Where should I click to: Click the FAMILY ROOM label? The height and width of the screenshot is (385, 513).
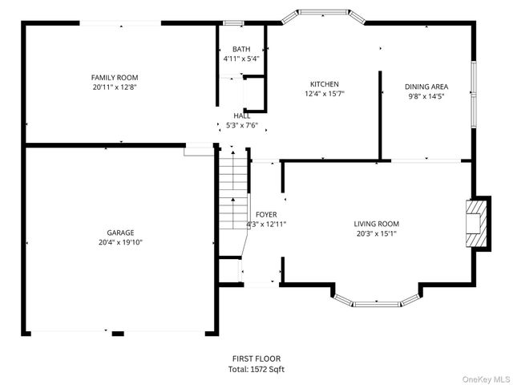pyautogui.click(x=115, y=78)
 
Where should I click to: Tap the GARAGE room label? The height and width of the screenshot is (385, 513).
pyautogui.click(x=120, y=233)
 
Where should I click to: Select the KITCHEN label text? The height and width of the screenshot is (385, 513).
pyautogui.click(x=325, y=84)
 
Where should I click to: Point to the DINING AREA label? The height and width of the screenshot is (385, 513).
pyautogui.click(x=426, y=87)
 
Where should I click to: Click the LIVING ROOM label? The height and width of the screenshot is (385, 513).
pyautogui.click(x=376, y=224)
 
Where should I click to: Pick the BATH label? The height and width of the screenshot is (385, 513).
pyautogui.click(x=241, y=49)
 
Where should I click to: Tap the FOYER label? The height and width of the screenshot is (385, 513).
pyautogui.click(x=266, y=215)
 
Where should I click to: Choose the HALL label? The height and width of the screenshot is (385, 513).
pyautogui.click(x=242, y=115)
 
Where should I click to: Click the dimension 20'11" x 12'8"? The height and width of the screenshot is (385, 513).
pyautogui.click(x=115, y=87)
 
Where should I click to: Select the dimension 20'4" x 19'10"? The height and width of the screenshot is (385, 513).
pyautogui.click(x=120, y=242)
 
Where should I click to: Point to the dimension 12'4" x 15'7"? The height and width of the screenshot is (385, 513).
pyautogui.click(x=325, y=94)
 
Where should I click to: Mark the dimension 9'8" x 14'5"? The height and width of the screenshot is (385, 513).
pyautogui.click(x=426, y=96)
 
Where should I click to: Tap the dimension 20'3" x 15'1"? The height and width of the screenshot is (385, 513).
pyautogui.click(x=376, y=233)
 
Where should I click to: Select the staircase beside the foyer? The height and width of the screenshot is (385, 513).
pyautogui.click(x=233, y=189)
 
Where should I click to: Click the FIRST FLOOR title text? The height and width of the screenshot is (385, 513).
pyautogui.click(x=256, y=359)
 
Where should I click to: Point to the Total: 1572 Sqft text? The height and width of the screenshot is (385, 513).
pyautogui.click(x=256, y=369)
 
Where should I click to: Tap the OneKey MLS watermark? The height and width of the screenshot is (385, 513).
pyautogui.click(x=486, y=379)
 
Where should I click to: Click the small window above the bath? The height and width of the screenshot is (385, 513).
pyautogui.click(x=233, y=23)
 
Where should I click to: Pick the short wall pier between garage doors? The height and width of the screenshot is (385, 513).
pyautogui.click(x=118, y=334)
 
